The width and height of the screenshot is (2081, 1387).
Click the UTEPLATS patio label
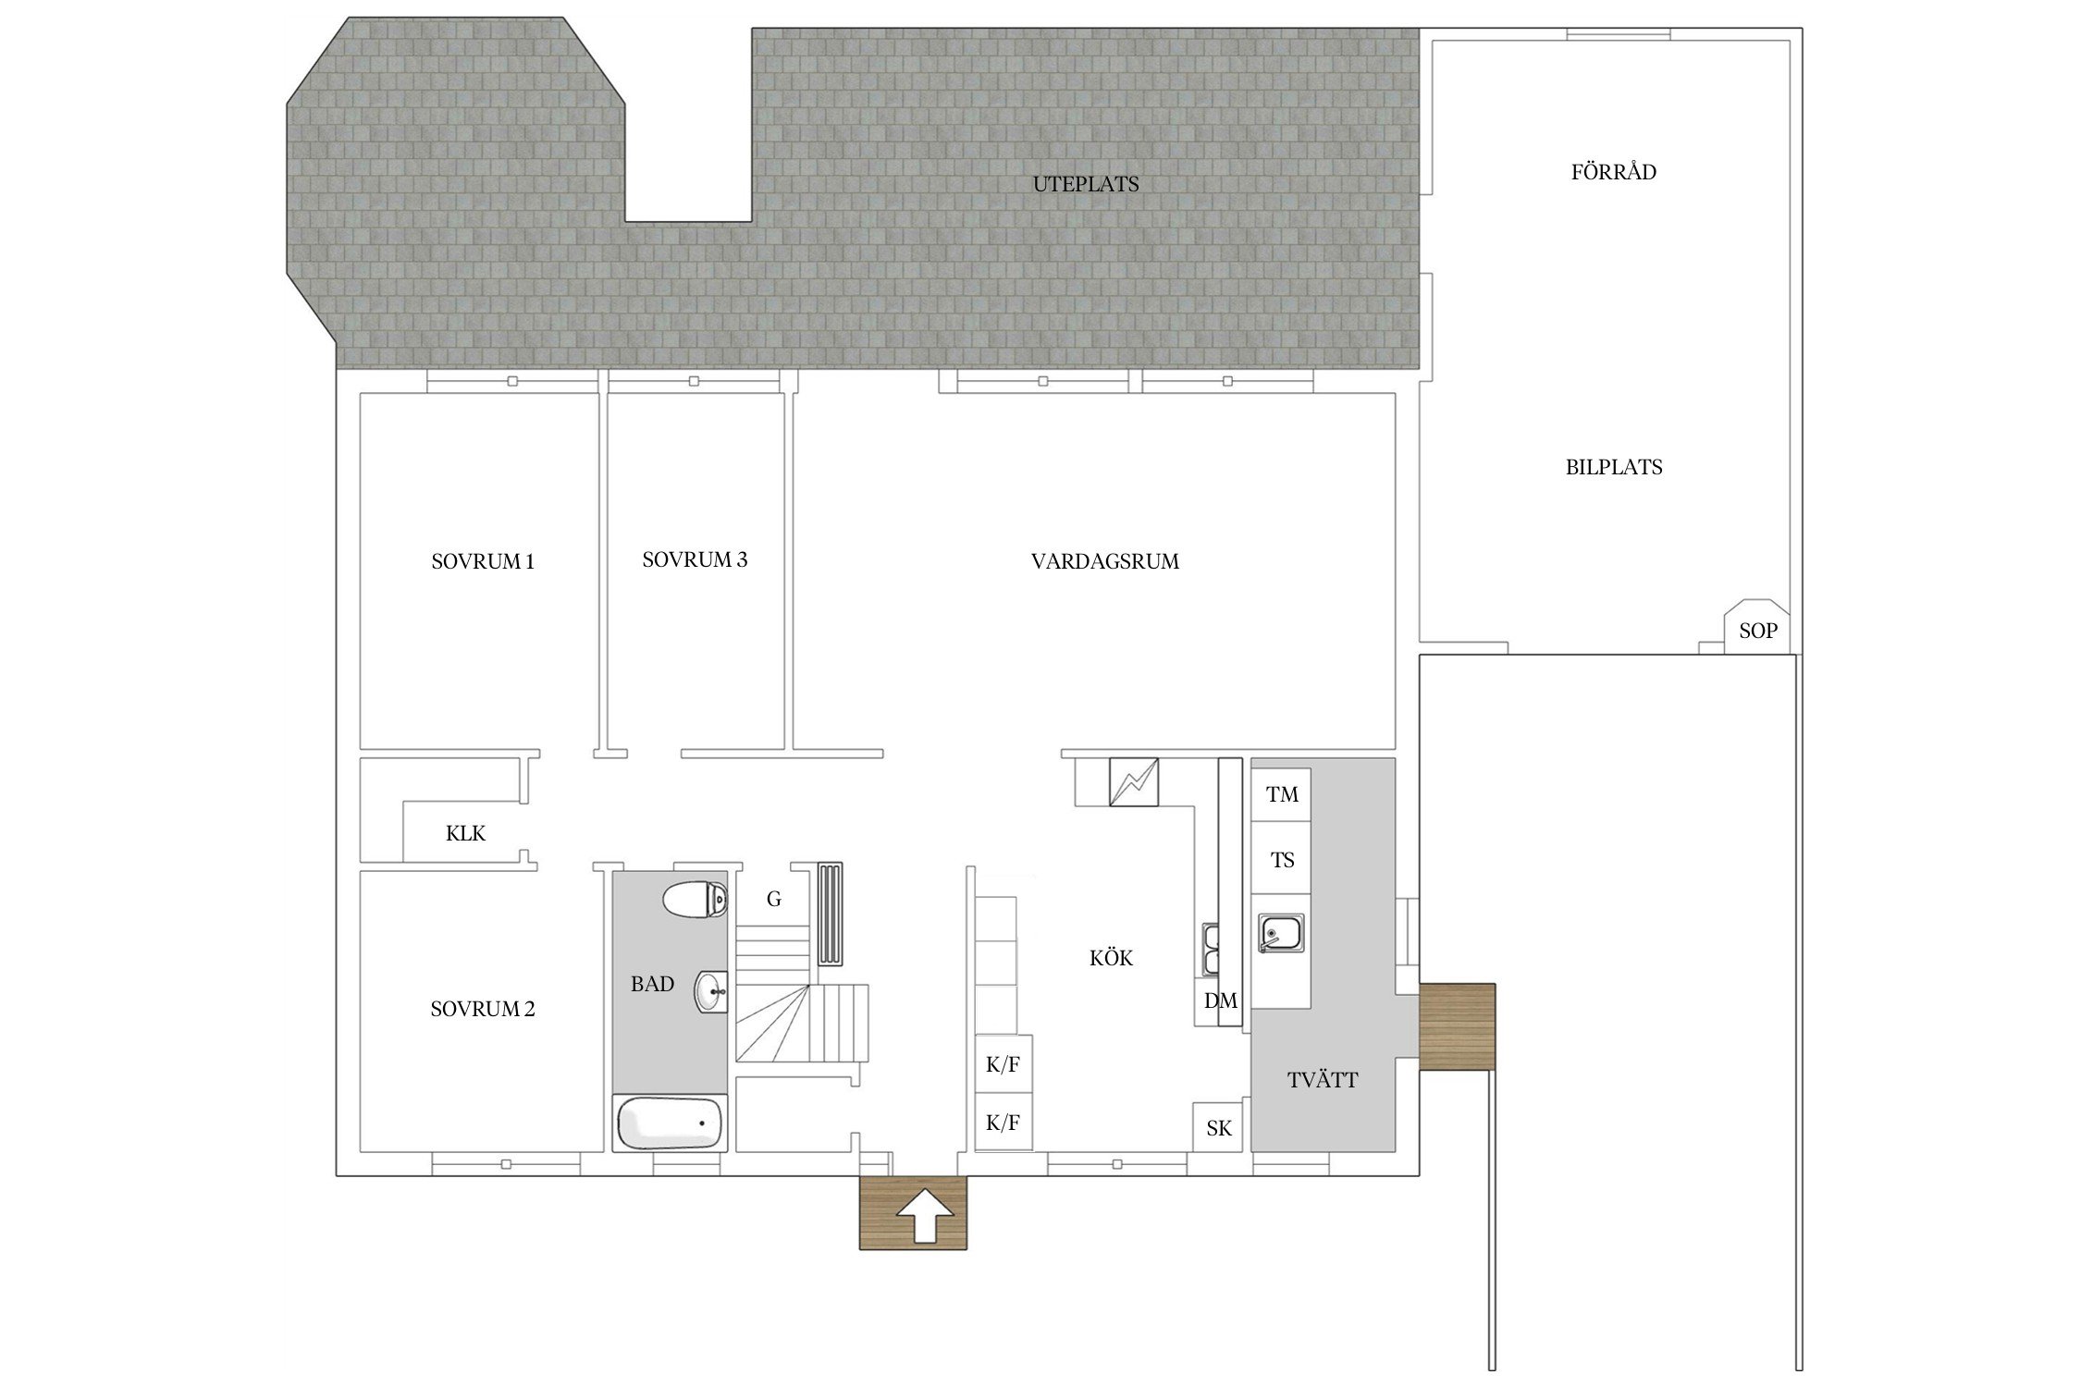(1086, 184)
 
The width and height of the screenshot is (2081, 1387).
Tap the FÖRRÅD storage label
(1614, 171)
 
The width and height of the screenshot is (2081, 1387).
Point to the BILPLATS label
(1614, 467)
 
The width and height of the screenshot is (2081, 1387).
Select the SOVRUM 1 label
(483, 561)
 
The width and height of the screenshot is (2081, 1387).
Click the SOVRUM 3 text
(695, 559)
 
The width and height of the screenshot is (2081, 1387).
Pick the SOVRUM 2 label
(483, 1009)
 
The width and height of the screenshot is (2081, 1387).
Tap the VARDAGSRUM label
(1105, 561)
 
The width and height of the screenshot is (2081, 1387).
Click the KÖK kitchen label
(1111, 958)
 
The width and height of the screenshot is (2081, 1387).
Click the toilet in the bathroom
(696, 899)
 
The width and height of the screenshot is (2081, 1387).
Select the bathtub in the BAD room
(669, 1123)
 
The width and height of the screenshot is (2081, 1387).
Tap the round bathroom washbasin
(712, 992)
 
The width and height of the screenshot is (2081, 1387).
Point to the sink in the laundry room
(1281, 933)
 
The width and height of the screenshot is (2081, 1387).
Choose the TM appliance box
(1281, 794)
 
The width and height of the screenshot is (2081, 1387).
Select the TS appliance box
(1281, 860)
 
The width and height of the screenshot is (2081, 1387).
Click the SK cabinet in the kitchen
(1218, 1127)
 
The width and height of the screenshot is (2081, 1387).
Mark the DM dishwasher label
(1220, 1000)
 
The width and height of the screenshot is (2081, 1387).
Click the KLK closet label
(465, 833)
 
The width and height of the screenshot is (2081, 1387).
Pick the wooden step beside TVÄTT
(1457, 1027)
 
